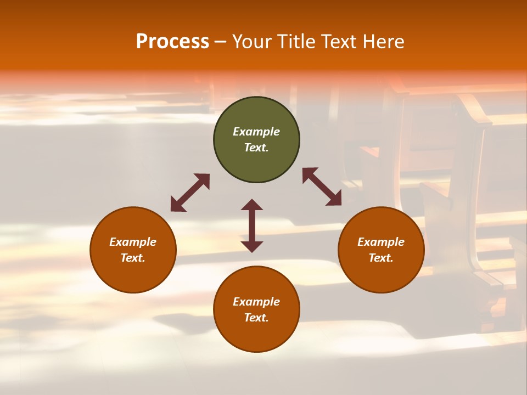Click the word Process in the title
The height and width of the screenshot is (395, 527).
pos(172,42)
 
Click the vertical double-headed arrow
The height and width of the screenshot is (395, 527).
pos(252,225)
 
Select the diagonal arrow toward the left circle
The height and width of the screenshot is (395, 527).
pos(190,193)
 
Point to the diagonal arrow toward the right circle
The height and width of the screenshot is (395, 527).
pos(322,187)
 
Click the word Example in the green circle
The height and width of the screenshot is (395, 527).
pos(256,132)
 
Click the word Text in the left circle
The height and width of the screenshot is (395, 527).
pos(133,258)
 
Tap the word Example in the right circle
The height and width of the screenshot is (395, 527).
pos(381,242)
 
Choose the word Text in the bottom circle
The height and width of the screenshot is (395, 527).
pos(256,318)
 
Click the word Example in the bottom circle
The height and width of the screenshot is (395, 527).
pos(256,302)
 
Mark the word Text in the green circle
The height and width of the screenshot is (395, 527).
pos(256,148)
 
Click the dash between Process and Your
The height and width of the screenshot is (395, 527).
pos(221,42)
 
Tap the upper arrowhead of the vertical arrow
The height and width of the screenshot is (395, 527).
pos(252,205)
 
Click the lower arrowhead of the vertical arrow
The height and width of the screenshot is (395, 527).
pos(252,246)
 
